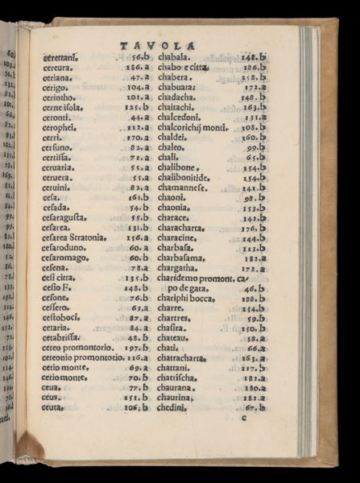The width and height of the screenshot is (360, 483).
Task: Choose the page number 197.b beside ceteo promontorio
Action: point(139,347)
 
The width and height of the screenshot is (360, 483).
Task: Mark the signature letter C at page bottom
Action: point(243,417)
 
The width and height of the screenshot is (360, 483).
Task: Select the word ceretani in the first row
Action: point(61,58)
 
